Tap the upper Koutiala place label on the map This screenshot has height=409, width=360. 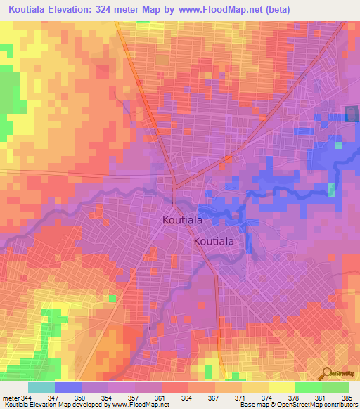point(185,220)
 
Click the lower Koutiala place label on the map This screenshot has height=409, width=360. point(214,241)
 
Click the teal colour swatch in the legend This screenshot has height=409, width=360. point(41,387)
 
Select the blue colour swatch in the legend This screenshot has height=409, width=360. point(68,387)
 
